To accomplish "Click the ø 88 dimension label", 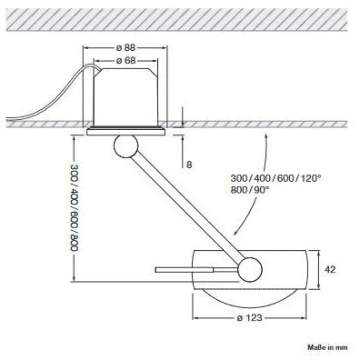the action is [125, 47].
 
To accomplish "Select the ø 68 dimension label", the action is [125, 61].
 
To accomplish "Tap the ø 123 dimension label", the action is [250, 318].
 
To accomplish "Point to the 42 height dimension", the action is [330, 269].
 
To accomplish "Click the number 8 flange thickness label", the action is [189, 165].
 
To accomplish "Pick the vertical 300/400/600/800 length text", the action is [75, 207].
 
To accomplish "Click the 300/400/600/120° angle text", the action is [275, 178].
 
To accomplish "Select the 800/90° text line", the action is [250, 190].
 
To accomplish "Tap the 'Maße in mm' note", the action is [327, 347].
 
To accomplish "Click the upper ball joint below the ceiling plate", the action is [125, 145].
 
